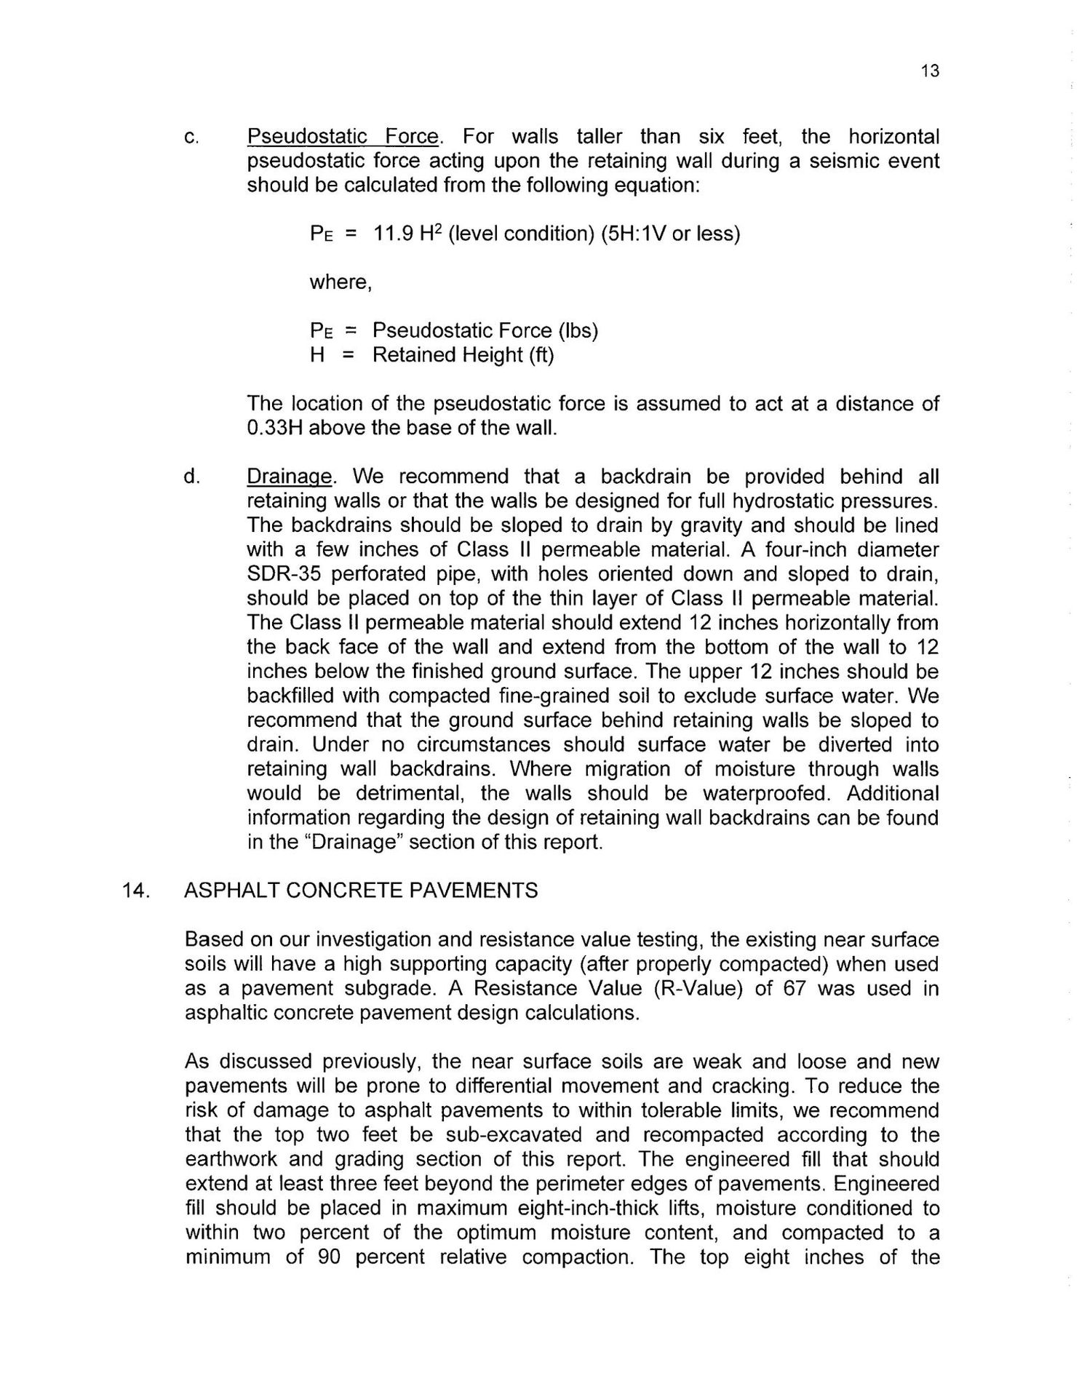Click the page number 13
(x=930, y=71)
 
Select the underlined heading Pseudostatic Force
(x=343, y=137)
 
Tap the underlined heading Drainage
(x=290, y=477)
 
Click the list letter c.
(x=191, y=138)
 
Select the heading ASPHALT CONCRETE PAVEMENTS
(x=361, y=891)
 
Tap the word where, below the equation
(x=341, y=282)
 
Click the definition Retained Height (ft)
(x=463, y=356)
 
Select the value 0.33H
(x=274, y=428)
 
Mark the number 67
(x=789, y=989)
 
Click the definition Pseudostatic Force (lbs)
(x=485, y=331)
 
